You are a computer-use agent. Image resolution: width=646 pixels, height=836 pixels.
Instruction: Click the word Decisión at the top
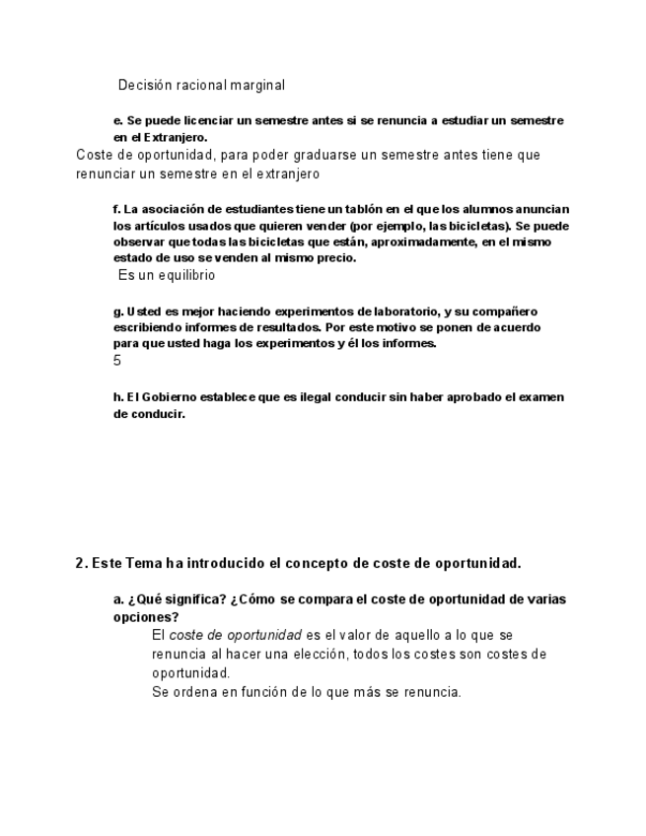pyautogui.click(x=145, y=86)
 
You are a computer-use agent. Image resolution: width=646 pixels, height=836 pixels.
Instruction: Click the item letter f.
pyautogui.click(x=116, y=209)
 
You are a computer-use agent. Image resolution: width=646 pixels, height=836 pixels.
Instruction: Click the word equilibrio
pyautogui.click(x=183, y=276)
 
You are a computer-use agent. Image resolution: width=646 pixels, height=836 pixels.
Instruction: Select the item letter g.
pyautogui.click(x=117, y=311)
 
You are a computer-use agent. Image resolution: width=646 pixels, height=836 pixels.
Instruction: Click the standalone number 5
pyautogui.click(x=117, y=361)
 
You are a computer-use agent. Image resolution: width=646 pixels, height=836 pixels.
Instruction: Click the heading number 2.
pyautogui.click(x=80, y=564)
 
